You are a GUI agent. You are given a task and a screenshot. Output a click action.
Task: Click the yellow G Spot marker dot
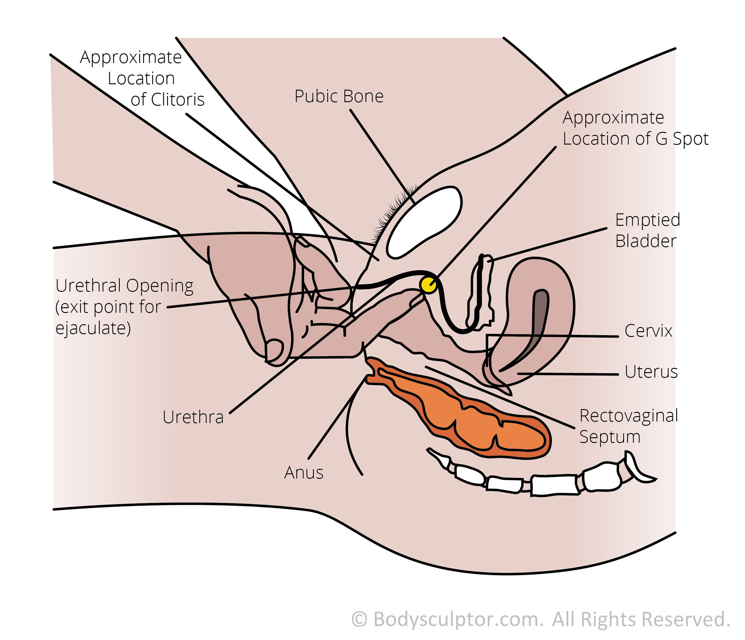tap(428, 285)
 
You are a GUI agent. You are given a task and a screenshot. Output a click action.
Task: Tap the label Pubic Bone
tap(339, 96)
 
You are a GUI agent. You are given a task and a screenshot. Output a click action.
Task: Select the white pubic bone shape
tap(424, 222)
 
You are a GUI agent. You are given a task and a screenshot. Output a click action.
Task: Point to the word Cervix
tap(648, 331)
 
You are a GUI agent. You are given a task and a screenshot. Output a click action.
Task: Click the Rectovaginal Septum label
tap(629, 426)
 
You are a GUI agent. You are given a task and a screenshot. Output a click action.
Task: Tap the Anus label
tap(304, 472)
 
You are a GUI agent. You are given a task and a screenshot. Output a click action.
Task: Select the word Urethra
tap(193, 417)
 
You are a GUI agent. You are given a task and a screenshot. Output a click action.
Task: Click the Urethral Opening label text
tap(124, 307)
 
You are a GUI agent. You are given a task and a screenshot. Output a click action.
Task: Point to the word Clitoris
tap(178, 99)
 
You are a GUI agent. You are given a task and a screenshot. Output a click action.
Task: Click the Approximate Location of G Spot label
tap(635, 128)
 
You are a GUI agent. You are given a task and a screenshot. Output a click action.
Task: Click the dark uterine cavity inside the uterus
tap(529, 329)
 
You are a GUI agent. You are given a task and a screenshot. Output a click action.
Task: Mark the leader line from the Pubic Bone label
tap(382, 157)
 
